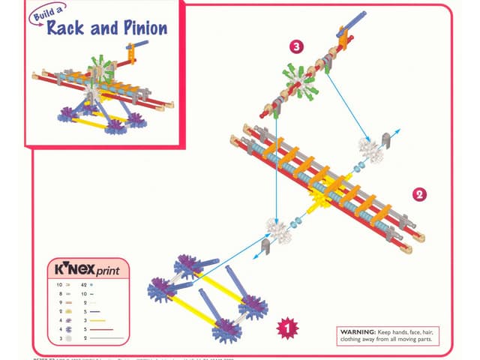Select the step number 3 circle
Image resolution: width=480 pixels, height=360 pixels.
click(297, 46)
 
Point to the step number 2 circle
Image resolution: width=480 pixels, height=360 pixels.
click(420, 194)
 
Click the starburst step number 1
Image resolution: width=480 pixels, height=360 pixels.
click(284, 326)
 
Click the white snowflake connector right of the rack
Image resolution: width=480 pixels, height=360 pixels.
click(367, 145)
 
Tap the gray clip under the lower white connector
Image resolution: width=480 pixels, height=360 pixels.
click(266, 247)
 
